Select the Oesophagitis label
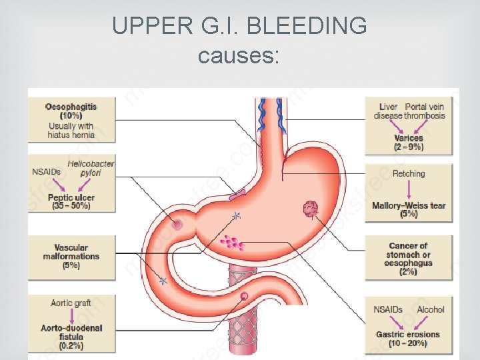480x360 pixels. (x=71, y=106)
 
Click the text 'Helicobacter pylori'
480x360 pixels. (x=91, y=168)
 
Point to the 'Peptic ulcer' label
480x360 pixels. (x=71, y=197)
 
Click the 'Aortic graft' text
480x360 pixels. (x=71, y=303)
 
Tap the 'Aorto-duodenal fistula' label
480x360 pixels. (x=71, y=333)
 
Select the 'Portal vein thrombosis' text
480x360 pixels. (x=425, y=111)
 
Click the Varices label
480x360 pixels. (x=408, y=138)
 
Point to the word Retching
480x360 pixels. (x=409, y=173)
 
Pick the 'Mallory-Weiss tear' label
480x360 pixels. (x=409, y=205)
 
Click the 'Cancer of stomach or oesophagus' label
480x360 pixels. (x=408, y=254)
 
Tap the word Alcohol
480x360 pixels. (x=430, y=309)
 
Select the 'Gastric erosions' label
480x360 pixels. (x=408, y=334)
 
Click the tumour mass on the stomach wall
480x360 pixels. (x=310, y=209)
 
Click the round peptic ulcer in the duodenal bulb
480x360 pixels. (x=178, y=225)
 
